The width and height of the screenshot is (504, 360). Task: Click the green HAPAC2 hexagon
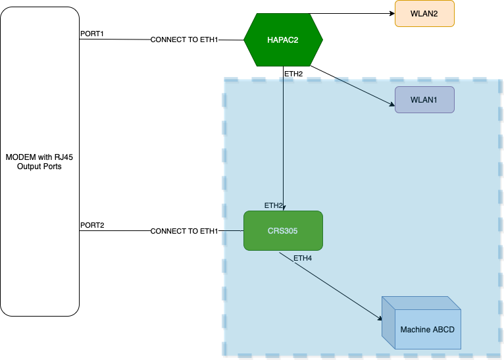(x=283, y=39)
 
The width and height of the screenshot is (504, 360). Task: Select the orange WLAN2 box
(x=424, y=13)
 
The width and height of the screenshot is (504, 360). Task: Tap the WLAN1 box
(x=424, y=100)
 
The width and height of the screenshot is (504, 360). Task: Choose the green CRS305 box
(x=283, y=231)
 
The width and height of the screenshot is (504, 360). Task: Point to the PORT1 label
(x=92, y=34)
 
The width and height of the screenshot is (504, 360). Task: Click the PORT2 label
(x=92, y=225)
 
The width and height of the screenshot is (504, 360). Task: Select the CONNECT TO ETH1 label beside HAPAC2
(x=184, y=40)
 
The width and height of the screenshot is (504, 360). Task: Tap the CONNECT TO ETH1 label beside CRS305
(x=184, y=232)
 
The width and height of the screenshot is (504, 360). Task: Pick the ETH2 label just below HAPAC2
(x=293, y=74)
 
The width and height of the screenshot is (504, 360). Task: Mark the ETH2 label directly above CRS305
(x=274, y=205)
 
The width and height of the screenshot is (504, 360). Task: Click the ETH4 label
(x=303, y=259)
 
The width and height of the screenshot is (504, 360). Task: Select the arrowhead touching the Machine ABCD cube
(x=379, y=319)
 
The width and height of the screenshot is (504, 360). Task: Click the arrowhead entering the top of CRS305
(x=284, y=208)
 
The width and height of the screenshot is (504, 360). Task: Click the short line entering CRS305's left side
(x=232, y=231)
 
